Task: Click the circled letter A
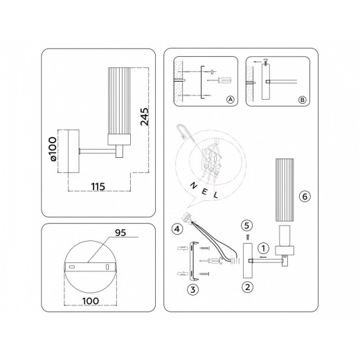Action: (231, 100)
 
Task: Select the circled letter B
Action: (302, 100)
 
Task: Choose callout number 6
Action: (303, 196)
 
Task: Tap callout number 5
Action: (247, 225)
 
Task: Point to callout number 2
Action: (247, 285)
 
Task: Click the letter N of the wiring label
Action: (193, 186)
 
